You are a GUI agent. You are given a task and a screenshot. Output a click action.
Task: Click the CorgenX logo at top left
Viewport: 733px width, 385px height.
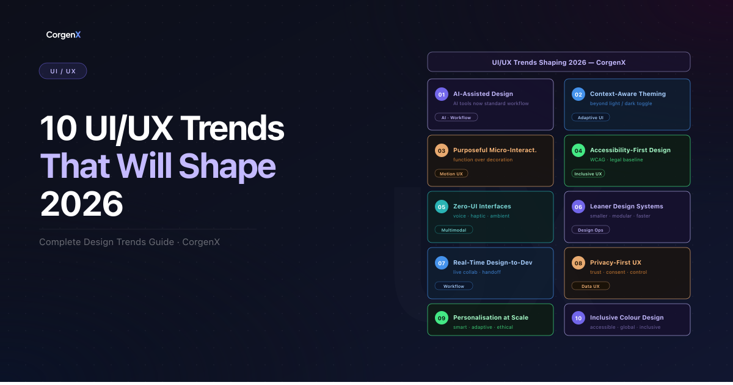tap(64, 35)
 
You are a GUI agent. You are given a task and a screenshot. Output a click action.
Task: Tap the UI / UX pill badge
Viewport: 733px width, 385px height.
tap(63, 71)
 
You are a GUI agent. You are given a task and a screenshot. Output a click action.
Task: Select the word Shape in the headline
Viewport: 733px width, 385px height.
tap(227, 166)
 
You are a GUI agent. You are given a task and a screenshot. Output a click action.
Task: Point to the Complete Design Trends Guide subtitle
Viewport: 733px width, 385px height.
tap(129, 242)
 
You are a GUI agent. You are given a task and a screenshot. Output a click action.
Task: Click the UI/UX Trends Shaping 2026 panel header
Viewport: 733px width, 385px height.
tap(558, 62)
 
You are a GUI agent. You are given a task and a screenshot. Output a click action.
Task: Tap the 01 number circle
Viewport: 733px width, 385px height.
tap(442, 94)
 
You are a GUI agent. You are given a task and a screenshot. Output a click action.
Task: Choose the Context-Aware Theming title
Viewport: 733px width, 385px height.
tap(627, 94)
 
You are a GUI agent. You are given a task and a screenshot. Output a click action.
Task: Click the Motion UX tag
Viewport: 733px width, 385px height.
tap(451, 174)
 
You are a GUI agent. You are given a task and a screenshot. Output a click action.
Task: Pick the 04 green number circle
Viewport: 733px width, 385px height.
tap(578, 150)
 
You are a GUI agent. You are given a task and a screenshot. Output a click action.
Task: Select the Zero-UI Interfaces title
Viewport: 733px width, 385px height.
tap(482, 207)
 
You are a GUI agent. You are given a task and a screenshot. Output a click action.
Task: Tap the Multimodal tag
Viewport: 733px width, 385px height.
tap(453, 230)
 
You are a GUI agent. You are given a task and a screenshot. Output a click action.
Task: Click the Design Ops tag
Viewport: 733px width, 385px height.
tap(590, 230)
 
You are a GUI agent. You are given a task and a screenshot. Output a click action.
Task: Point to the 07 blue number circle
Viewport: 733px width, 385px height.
tap(442, 263)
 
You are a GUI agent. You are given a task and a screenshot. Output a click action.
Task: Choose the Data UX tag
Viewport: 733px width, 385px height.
tap(590, 286)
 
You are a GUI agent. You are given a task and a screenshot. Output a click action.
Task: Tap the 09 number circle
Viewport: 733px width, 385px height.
tap(442, 318)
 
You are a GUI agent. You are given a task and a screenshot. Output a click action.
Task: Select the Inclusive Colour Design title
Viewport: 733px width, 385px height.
tap(626, 318)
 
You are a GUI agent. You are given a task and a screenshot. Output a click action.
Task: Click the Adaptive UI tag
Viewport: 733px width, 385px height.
tap(590, 117)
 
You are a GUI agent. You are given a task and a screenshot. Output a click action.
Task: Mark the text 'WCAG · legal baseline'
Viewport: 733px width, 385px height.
tap(616, 160)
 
